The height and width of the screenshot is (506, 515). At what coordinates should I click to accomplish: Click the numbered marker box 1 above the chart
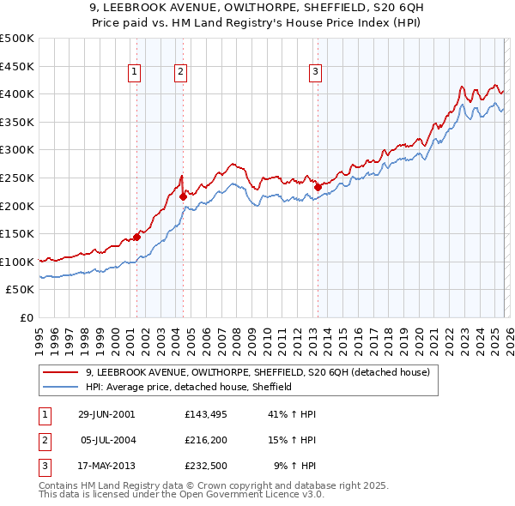[136, 73]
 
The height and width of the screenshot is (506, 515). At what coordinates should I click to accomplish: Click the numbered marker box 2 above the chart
[181, 73]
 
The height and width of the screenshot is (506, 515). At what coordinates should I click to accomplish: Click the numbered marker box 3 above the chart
[315, 73]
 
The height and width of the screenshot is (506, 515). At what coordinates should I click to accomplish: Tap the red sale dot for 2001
[136, 238]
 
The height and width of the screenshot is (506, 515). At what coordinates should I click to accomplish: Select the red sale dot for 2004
[183, 196]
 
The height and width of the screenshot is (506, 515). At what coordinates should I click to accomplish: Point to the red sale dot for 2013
[317, 187]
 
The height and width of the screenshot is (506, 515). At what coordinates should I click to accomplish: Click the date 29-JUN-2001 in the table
[106, 413]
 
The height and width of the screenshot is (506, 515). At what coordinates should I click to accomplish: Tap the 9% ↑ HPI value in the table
[294, 466]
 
